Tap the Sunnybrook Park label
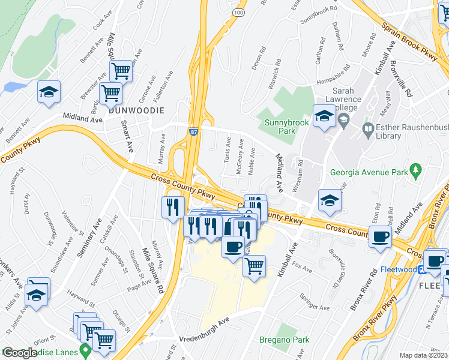pos(283,125)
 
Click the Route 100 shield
pos(239,12)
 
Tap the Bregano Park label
pos(285,340)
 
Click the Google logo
pos(20,353)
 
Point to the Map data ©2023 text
pos(424,355)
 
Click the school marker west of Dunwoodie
pos(49,92)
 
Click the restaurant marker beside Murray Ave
pos(172,207)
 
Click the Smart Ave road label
pos(127,137)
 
